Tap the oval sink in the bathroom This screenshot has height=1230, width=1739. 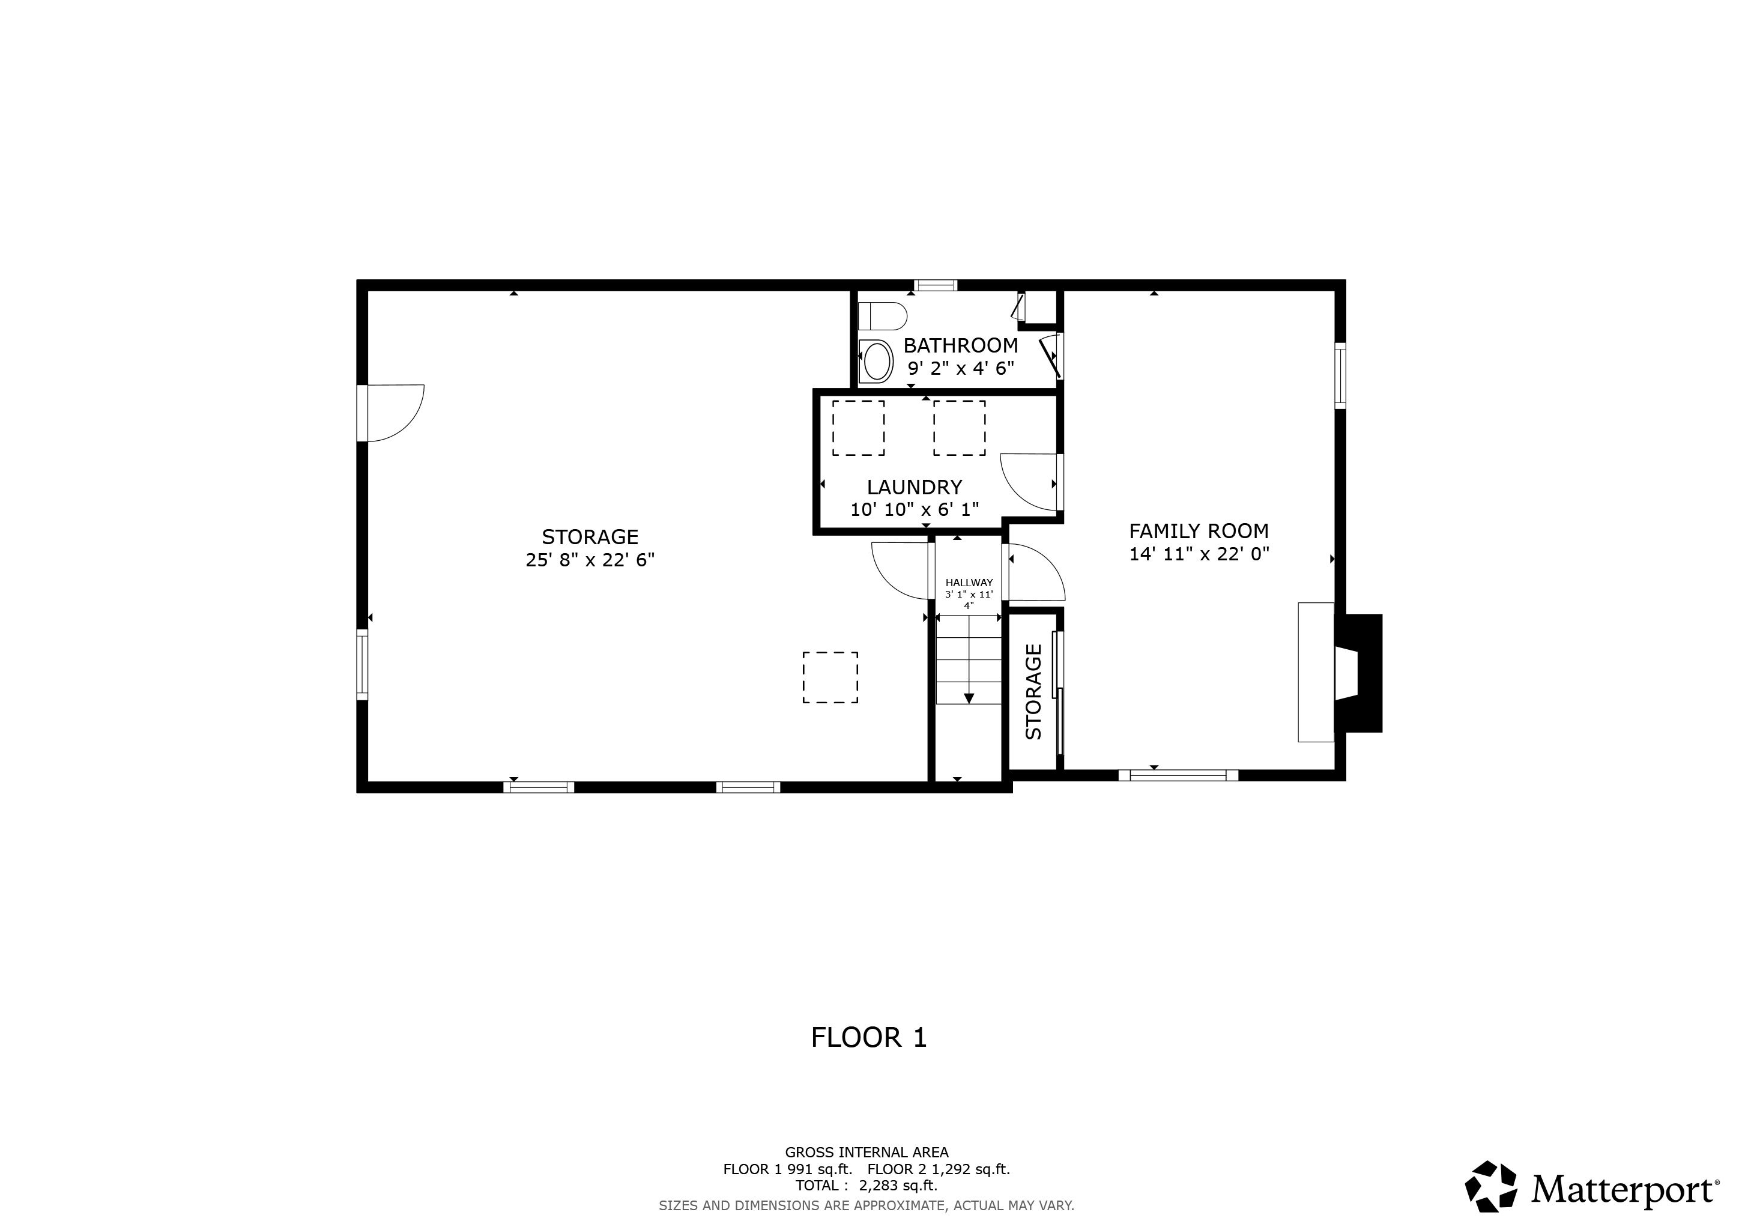click(x=877, y=362)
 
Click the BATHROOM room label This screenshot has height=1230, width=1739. click(x=960, y=345)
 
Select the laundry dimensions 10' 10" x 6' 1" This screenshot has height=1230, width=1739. click(x=914, y=510)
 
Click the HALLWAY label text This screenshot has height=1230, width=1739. click(x=969, y=583)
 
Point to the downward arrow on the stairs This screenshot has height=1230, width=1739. click(x=969, y=697)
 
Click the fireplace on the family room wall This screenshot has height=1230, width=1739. click(x=1359, y=673)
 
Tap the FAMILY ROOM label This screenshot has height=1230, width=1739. click(x=1198, y=531)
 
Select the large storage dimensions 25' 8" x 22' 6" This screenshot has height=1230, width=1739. click(x=590, y=560)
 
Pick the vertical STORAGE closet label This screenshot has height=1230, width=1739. click(x=1033, y=691)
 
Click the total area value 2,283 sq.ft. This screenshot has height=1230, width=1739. click(x=898, y=1186)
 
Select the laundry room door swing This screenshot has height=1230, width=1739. click(x=1029, y=481)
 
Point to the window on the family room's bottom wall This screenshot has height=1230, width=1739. click(x=1178, y=775)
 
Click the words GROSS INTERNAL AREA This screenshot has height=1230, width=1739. click(x=866, y=1153)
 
